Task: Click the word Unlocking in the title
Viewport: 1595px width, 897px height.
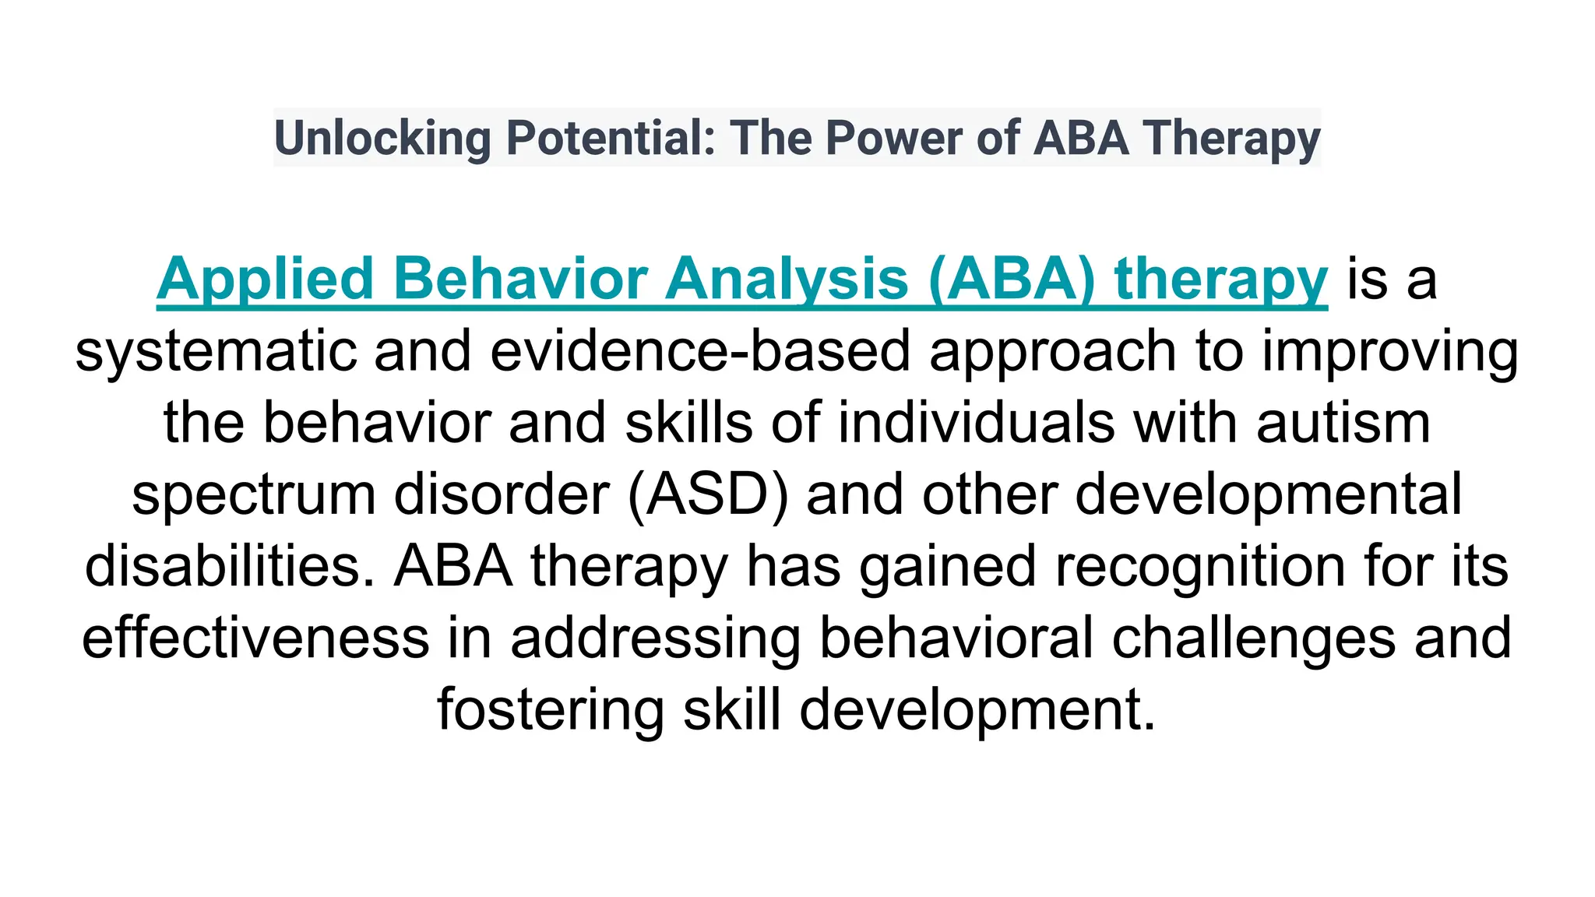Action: [x=382, y=138]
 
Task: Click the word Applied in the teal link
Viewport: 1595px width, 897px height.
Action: [x=266, y=279]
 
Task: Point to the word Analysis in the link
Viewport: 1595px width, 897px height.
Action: [x=787, y=279]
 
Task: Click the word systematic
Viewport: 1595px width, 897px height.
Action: [x=215, y=350]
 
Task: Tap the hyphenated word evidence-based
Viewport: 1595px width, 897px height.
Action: [x=700, y=350]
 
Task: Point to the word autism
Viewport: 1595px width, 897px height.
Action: [x=1343, y=423]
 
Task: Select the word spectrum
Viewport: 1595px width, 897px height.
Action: [x=254, y=496]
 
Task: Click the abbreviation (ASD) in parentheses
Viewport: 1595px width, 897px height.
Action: [x=707, y=494]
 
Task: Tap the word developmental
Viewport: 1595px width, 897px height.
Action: [x=1269, y=496]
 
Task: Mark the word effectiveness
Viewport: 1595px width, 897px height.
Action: [x=255, y=637]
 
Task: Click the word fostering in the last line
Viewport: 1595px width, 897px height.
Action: [x=551, y=710]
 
